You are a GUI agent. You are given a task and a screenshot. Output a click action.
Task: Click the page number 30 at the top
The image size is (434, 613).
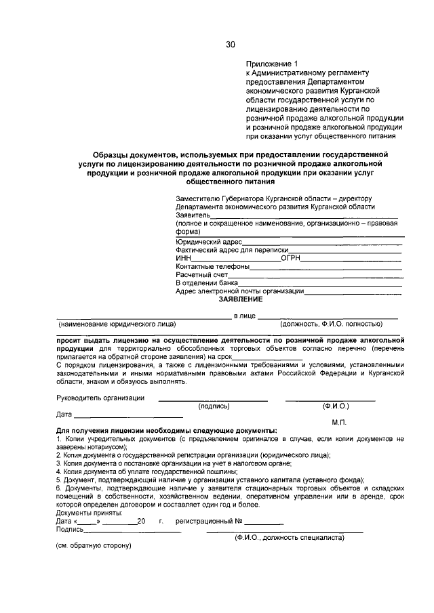[x=230, y=45]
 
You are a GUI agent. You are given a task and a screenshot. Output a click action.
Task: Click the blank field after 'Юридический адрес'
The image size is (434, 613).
[x=322, y=242]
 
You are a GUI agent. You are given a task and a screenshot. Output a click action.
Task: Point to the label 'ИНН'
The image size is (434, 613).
[x=183, y=258]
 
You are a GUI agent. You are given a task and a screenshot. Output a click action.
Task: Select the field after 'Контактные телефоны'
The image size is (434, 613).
[x=326, y=268]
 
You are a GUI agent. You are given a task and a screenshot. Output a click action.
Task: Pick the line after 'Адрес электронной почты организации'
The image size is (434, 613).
[x=353, y=293]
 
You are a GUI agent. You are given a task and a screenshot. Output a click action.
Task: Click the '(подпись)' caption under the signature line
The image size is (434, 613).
[x=214, y=406]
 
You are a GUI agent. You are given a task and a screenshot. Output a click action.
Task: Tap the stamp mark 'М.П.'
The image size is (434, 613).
[x=340, y=422]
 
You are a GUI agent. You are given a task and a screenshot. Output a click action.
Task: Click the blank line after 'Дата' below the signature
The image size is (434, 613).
[x=128, y=415]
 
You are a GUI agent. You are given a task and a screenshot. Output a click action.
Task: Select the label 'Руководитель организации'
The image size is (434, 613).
[x=100, y=398]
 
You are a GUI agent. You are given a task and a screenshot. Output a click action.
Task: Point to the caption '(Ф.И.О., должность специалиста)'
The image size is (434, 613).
[x=289, y=538]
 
